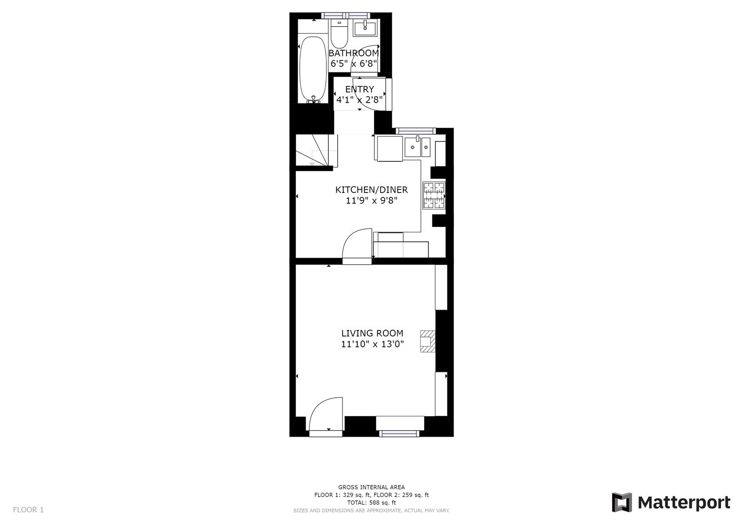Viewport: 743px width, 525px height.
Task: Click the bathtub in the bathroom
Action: coord(313,68)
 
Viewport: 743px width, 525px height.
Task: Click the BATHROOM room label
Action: coord(354,53)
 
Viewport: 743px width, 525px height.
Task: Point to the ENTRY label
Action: coord(360,89)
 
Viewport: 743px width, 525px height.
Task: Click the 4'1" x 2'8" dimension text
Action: coord(360,100)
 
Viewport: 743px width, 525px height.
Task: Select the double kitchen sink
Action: coord(417,147)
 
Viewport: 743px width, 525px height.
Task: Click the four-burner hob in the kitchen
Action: coord(434,195)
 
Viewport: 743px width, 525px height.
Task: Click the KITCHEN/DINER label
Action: coord(371,190)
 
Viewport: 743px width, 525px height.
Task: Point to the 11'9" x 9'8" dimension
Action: coord(371,200)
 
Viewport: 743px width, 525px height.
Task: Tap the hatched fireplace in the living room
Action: coord(428,341)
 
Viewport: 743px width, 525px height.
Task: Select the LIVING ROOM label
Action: coord(372,333)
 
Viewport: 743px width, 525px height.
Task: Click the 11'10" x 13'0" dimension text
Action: coord(372,345)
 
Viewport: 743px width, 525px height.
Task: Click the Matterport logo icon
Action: coord(621,502)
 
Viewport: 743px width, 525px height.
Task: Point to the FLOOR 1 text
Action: coord(28,509)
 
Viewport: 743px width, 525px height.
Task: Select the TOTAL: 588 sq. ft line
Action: coord(371,503)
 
